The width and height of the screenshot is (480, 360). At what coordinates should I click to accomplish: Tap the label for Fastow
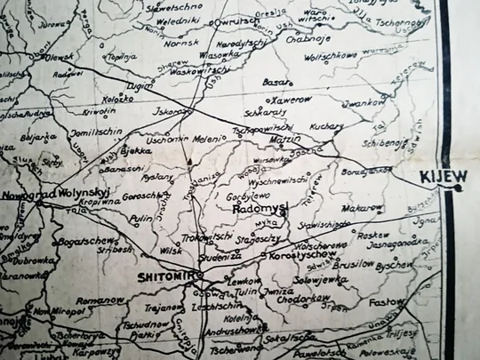[x=387, y=302]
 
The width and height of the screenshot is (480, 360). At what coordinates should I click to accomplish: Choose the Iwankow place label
[x=364, y=103]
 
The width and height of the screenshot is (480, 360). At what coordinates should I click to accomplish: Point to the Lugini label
[x=140, y=87]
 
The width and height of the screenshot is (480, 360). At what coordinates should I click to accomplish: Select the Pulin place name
[x=140, y=218]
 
